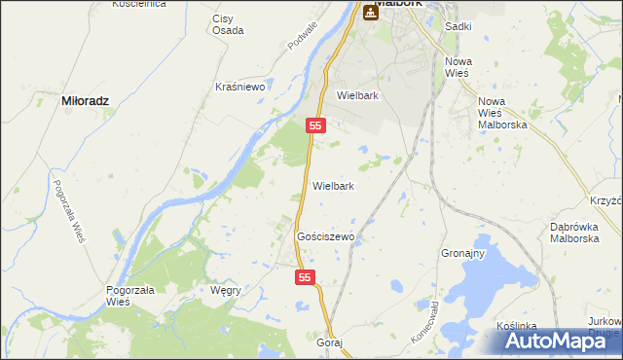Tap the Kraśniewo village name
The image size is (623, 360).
coord(240,87)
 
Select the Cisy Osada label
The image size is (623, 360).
coord(228,23)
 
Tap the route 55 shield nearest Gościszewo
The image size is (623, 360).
coord(306,278)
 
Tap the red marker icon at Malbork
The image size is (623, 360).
coord(371,11)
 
